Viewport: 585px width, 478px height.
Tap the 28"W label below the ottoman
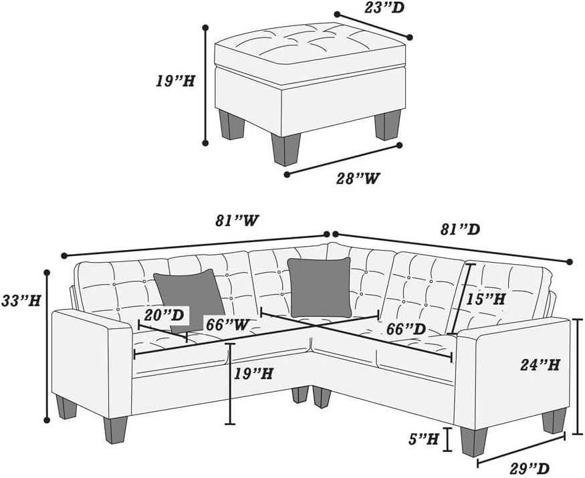[358, 178]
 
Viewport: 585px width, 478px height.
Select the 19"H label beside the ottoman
[175, 81]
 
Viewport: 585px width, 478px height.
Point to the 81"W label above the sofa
[237, 221]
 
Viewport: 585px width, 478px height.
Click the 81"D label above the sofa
[460, 229]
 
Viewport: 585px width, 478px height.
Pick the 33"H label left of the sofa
[21, 300]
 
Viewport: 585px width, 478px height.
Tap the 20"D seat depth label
[164, 316]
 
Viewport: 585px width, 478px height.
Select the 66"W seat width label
[227, 324]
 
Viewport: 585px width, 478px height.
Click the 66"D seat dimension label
[406, 329]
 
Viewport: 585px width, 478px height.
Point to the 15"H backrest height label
[485, 299]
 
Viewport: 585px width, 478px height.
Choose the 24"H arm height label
[540, 364]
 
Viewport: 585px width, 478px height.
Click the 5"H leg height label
[423, 439]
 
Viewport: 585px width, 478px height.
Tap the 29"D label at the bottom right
[530, 468]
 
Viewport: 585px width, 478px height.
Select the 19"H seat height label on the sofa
[253, 373]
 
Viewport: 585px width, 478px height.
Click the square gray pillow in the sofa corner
[320, 287]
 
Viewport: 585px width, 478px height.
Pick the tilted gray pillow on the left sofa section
[189, 299]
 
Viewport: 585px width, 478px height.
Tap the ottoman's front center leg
[286, 149]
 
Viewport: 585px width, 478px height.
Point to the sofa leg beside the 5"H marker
[474, 442]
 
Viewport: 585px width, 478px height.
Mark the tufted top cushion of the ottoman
[310, 47]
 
